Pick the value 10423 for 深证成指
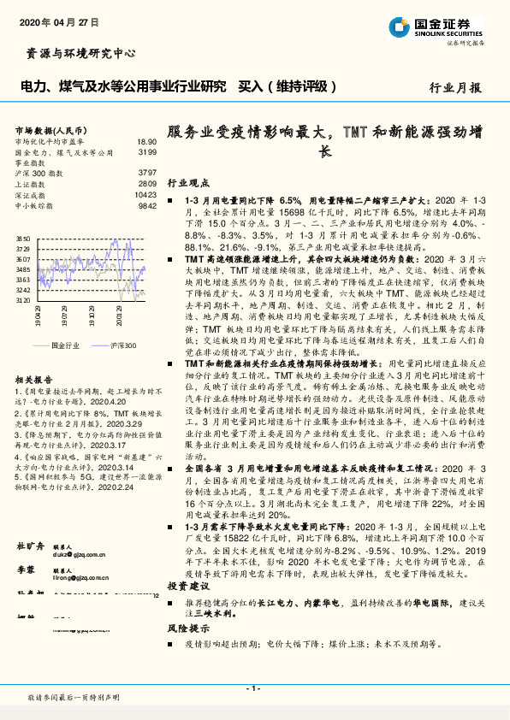(x=145, y=194)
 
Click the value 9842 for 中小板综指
(x=147, y=205)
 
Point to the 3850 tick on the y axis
(x=23, y=239)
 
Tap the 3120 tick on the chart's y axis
(x=23, y=300)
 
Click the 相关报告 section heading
(x=34, y=377)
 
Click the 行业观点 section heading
(x=188, y=183)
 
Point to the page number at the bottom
(x=254, y=688)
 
